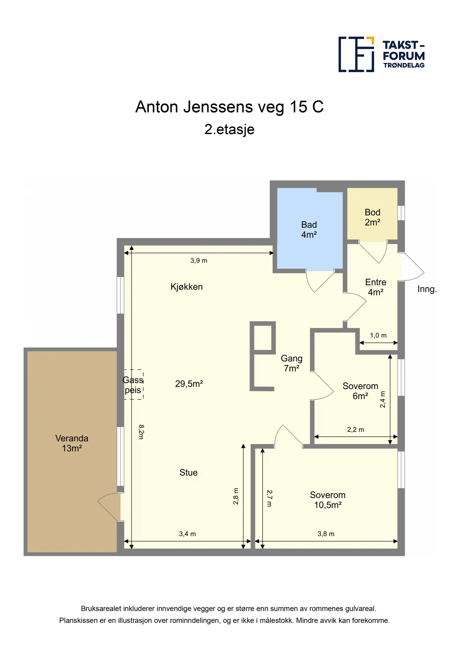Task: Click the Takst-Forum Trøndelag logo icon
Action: click(x=356, y=54)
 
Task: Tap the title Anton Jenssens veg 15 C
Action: click(x=229, y=107)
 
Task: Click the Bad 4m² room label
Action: click(x=309, y=230)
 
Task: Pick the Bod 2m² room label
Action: click(x=372, y=217)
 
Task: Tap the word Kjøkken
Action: click(x=186, y=287)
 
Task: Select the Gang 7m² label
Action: click(x=292, y=363)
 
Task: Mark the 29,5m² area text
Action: click(x=189, y=384)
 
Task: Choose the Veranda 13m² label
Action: click(x=72, y=443)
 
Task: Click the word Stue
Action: click(x=189, y=472)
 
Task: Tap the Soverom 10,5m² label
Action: click(x=328, y=500)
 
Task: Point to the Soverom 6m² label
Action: click(x=360, y=391)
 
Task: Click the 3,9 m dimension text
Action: click(x=199, y=261)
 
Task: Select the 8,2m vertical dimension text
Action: click(x=141, y=432)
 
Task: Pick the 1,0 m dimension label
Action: click(x=378, y=335)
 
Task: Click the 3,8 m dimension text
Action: click(x=326, y=534)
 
